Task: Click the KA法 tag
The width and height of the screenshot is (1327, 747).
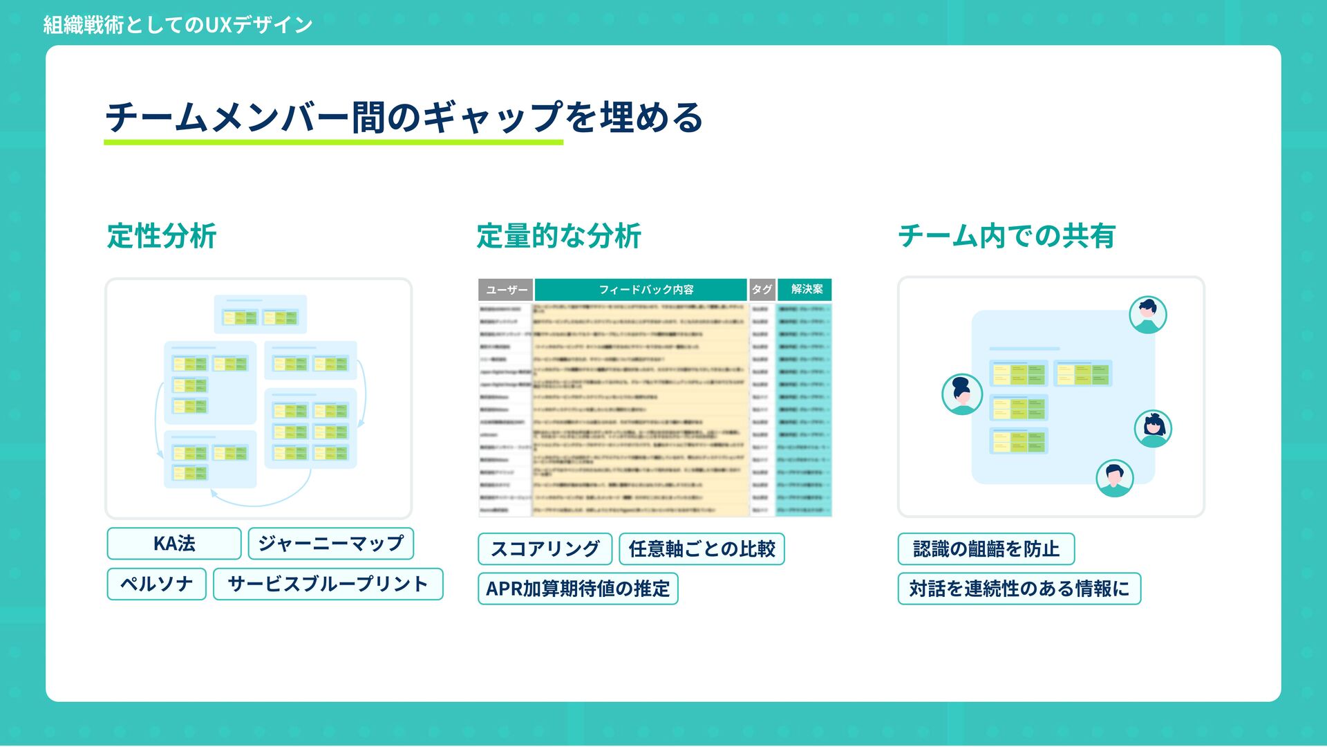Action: click(x=174, y=544)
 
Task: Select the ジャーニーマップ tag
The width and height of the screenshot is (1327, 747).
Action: click(x=330, y=544)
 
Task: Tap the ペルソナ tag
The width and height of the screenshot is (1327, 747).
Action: click(x=157, y=584)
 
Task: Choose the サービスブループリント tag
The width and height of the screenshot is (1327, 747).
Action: click(x=328, y=584)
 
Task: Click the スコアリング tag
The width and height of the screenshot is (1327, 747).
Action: click(x=545, y=549)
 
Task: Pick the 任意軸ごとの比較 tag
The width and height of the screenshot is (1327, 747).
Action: click(x=702, y=549)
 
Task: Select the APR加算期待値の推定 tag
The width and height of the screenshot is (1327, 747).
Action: click(x=578, y=589)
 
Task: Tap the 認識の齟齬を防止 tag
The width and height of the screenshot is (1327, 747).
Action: click(x=986, y=549)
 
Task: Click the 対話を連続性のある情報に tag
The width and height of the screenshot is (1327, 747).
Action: click(x=1019, y=589)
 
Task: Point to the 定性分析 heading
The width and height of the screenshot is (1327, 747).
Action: click(x=162, y=236)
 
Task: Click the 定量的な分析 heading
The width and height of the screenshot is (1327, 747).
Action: click(x=558, y=236)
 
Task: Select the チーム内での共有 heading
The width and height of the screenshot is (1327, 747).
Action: click(x=1006, y=236)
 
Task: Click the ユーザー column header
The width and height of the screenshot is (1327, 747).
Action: click(x=506, y=290)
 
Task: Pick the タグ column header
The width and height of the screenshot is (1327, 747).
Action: click(x=762, y=290)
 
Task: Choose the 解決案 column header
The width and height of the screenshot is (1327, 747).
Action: click(x=806, y=290)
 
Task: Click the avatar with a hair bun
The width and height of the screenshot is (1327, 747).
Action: click(x=962, y=394)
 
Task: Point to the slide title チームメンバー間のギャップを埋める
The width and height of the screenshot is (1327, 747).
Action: click(x=404, y=116)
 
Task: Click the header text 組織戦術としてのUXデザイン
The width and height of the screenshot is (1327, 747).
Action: click(x=178, y=25)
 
